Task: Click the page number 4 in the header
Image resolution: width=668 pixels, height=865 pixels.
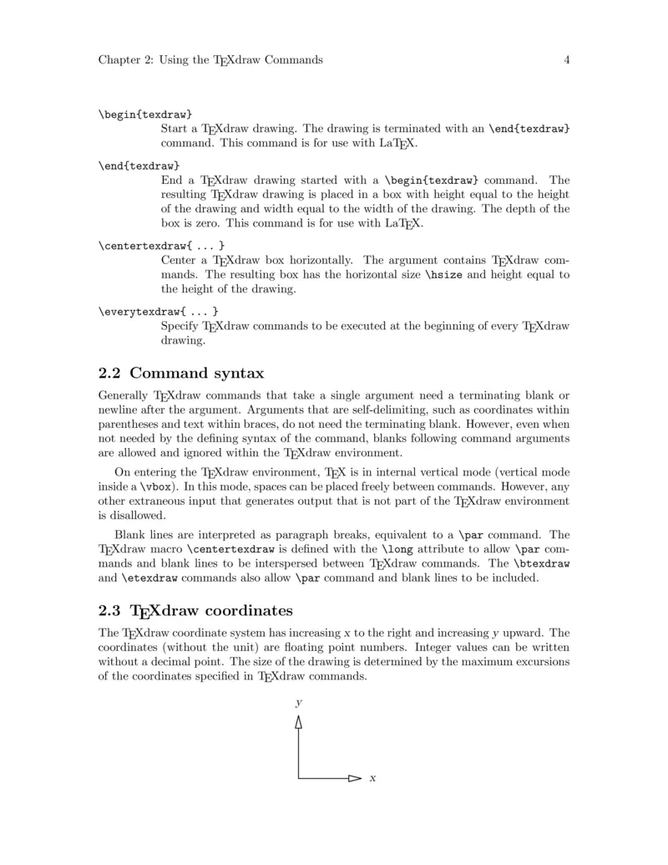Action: pos(566,60)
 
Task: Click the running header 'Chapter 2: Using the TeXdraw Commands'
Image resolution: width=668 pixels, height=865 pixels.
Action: pos(210,60)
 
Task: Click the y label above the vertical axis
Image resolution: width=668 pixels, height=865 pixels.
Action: pos(298,704)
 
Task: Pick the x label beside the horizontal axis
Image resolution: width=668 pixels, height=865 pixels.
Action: pos(372,779)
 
